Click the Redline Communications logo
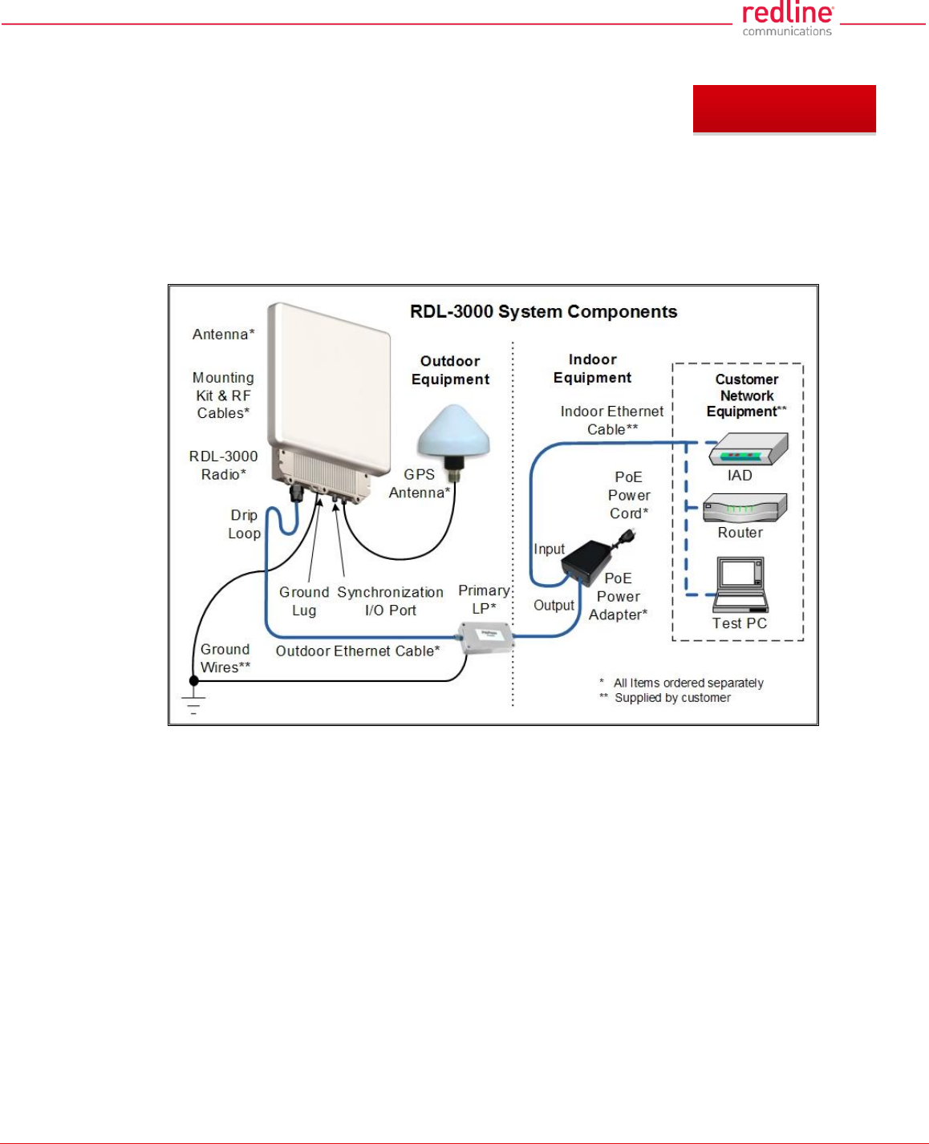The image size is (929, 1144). coord(787,18)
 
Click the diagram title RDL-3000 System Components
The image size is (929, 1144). coord(543,312)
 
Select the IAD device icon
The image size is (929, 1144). coord(748,450)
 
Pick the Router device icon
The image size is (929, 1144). coord(744,509)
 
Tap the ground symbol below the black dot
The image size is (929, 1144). coord(193,704)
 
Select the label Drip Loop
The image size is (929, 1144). coord(244,525)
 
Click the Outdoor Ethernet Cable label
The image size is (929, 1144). coord(358,651)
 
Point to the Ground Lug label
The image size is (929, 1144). coord(304,602)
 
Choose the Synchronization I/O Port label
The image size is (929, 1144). coord(390,602)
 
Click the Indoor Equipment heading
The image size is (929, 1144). coord(592,369)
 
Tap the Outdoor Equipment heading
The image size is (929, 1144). coord(450,371)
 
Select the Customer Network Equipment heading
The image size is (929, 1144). coord(746,396)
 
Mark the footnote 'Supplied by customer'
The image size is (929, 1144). coord(672,698)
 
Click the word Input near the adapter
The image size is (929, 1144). coord(550,550)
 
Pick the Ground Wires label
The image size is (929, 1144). coord(225,659)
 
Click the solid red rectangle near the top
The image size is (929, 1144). coord(784,109)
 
